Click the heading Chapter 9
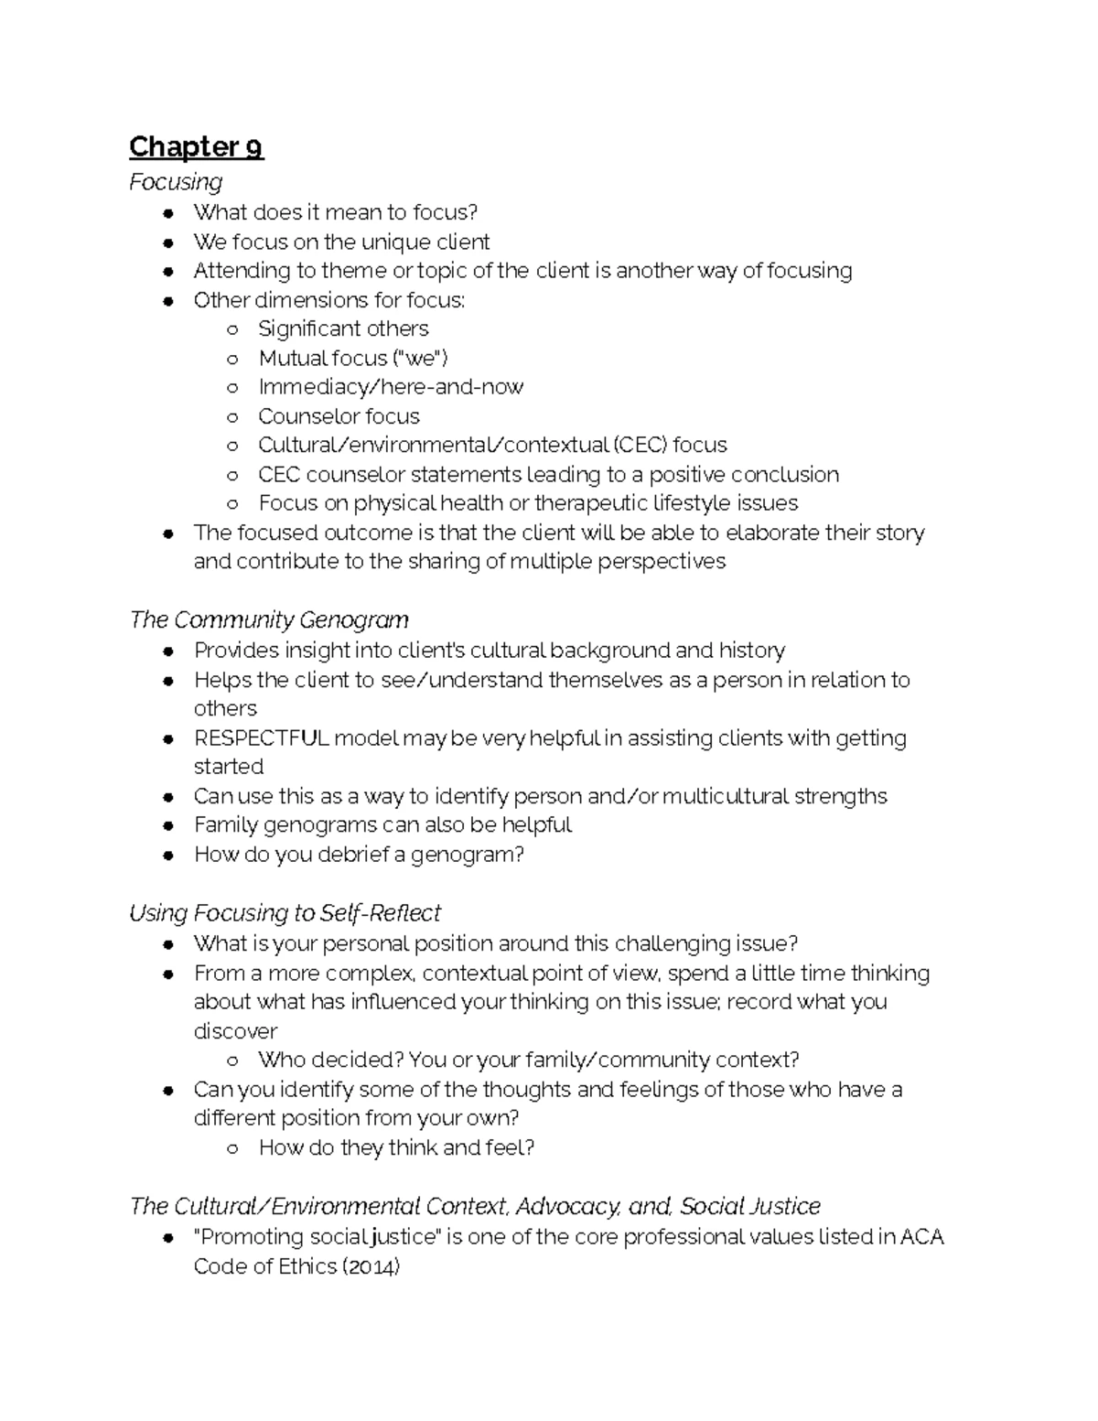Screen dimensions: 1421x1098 196,146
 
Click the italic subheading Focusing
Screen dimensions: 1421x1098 176,182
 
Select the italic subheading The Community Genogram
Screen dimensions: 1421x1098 269,620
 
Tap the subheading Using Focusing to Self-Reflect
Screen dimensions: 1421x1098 285,913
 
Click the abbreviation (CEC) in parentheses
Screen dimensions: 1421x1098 640,446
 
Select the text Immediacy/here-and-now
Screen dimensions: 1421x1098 391,387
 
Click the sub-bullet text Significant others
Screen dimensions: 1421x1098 343,329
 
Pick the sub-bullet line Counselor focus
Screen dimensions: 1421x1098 339,417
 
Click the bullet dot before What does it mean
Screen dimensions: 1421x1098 168,213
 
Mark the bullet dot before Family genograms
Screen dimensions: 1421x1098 168,826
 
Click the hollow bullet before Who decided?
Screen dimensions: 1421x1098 233,1061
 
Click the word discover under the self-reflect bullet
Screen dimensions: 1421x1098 235,1031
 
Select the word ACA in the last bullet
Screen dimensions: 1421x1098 921,1237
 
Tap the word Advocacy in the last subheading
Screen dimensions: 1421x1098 568,1206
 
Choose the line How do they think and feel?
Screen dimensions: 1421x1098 396,1147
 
